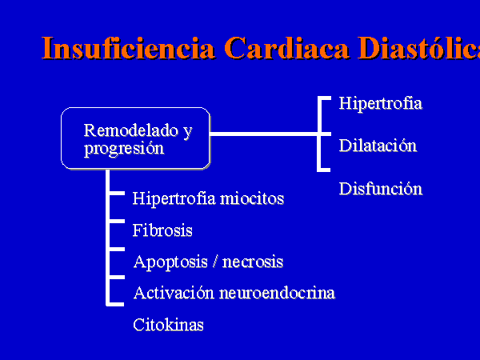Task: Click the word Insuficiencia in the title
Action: (x=128, y=48)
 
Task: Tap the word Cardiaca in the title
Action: (x=287, y=48)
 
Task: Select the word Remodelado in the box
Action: (x=130, y=130)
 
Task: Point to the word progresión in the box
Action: (x=124, y=150)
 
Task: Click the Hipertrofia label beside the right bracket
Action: (x=381, y=103)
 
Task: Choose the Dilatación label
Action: (x=378, y=146)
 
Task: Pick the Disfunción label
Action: (x=381, y=188)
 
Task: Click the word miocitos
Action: (x=252, y=198)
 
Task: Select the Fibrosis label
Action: (x=162, y=230)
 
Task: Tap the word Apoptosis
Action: (x=170, y=262)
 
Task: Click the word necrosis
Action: (x=253, y=262)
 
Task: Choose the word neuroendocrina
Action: (x=278, y=294)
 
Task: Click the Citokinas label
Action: (x=168, y=325)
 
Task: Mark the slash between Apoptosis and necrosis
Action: (x=215, y=262)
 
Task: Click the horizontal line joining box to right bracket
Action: (x=264, y=134)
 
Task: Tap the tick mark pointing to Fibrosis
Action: (x=117, y=221)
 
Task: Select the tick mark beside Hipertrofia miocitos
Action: (x=117, y=193)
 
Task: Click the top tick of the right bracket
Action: (x=325, y=98)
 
